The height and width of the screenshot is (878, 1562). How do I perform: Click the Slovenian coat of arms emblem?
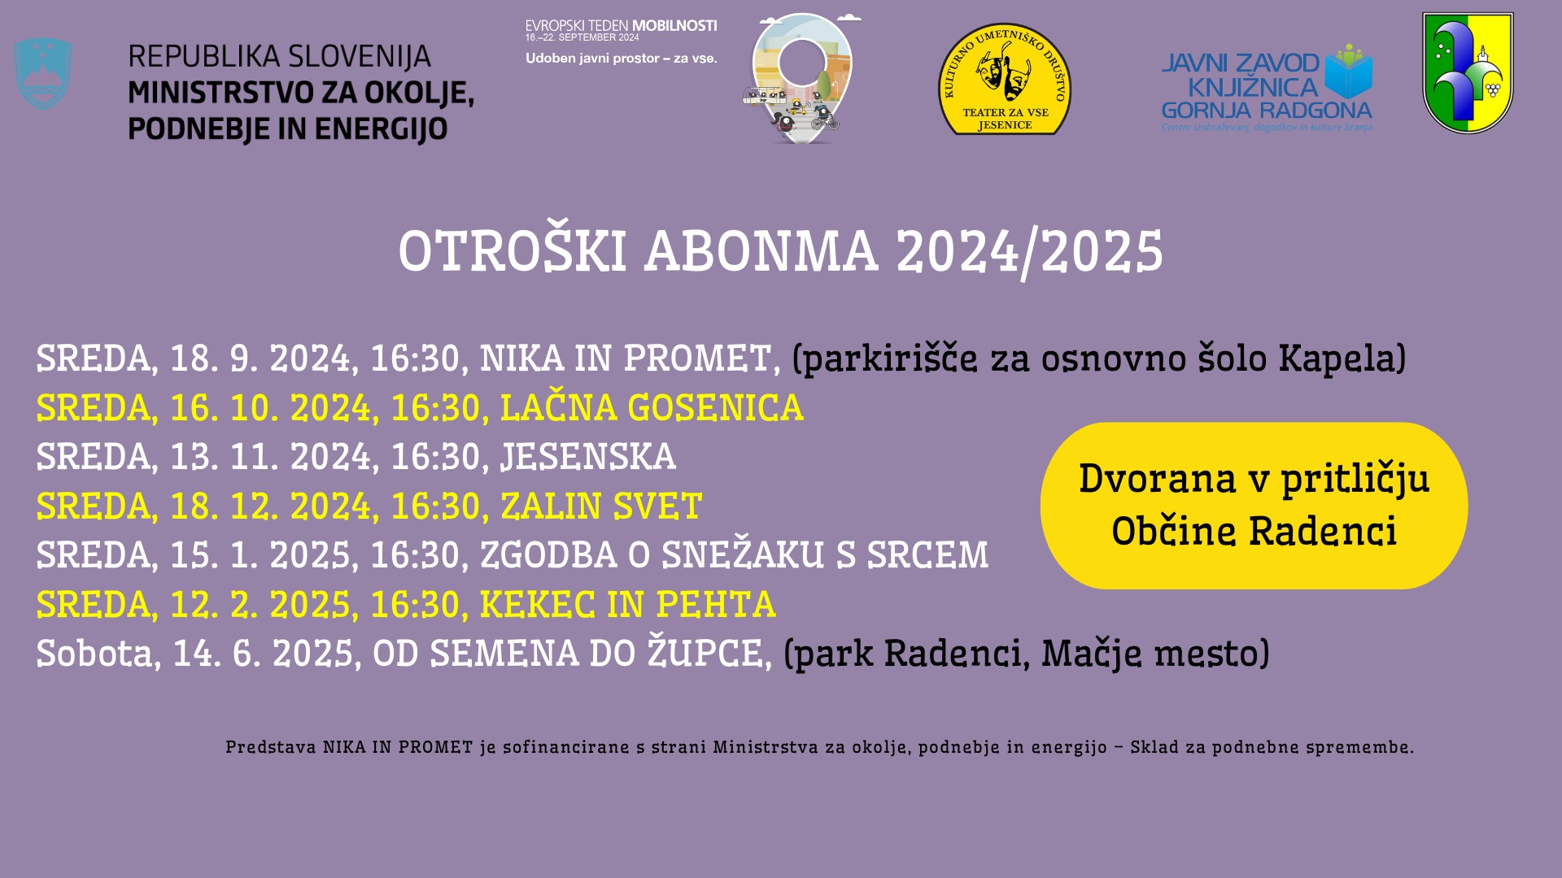coord(43,74)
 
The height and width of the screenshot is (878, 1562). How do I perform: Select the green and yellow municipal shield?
coord(1468,72)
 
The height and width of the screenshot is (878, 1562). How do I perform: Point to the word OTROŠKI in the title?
coord(512,251)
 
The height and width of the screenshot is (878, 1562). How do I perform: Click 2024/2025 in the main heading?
coord(1029,251)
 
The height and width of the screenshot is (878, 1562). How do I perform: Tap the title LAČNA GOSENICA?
coord(652,408)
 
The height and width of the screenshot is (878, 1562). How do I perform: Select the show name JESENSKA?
coord(588,457)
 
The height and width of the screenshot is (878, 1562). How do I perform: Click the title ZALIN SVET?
coord(601,506)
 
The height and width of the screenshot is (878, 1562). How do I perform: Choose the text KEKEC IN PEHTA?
coord(627,605)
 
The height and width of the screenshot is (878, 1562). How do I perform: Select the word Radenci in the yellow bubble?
coord(1323,532)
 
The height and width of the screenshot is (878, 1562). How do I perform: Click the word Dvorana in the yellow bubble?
coord(1157,479)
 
